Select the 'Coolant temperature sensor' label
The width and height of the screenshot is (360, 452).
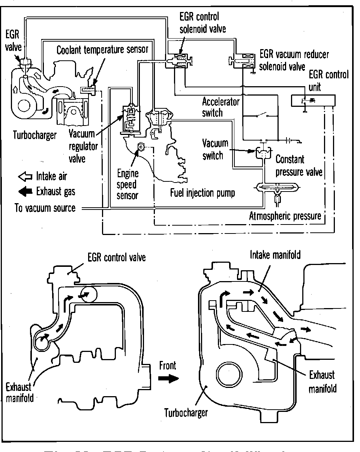point(103,49)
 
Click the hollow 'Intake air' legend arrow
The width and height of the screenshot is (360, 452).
point(25,176)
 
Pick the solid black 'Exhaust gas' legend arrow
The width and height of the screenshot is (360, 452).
point(25,191)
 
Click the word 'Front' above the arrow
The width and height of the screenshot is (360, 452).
point(167,365)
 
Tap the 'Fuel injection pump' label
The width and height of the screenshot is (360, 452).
point(202,193)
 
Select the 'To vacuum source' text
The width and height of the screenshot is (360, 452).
point(45,208)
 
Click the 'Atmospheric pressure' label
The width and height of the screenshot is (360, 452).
point(285,216)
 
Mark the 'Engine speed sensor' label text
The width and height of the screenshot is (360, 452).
point(128,184)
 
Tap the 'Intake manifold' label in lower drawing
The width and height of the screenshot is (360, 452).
point(275,255)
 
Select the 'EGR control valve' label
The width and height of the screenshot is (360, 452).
point(116,258)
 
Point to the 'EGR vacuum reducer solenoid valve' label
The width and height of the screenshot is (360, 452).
point(294,60)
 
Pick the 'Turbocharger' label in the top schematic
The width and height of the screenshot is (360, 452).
point(34,135)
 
